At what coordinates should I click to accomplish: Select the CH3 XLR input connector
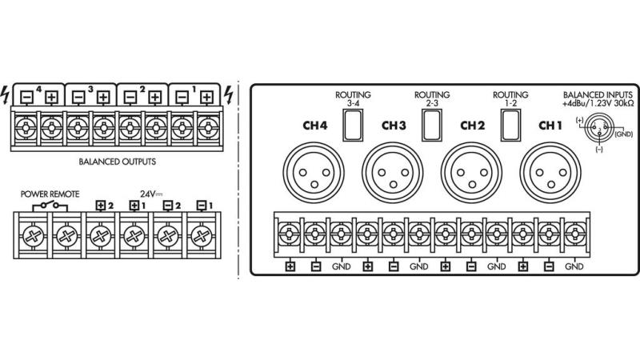click(x=390, y=170)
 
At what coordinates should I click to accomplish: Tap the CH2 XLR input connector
click(x=469, y=170)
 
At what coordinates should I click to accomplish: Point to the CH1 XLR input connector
click(x=547, y=170)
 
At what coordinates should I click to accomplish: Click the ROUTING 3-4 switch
click(x=353, y=122)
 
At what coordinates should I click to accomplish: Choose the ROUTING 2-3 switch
click(x=432, y=122)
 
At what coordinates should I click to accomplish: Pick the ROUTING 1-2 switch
click(x=510, y=122)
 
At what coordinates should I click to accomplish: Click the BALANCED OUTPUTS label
click(x=118, y=161)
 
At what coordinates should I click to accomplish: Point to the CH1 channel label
click(x=550, y=125)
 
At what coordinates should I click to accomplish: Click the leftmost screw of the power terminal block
click(x=31, y=237)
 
